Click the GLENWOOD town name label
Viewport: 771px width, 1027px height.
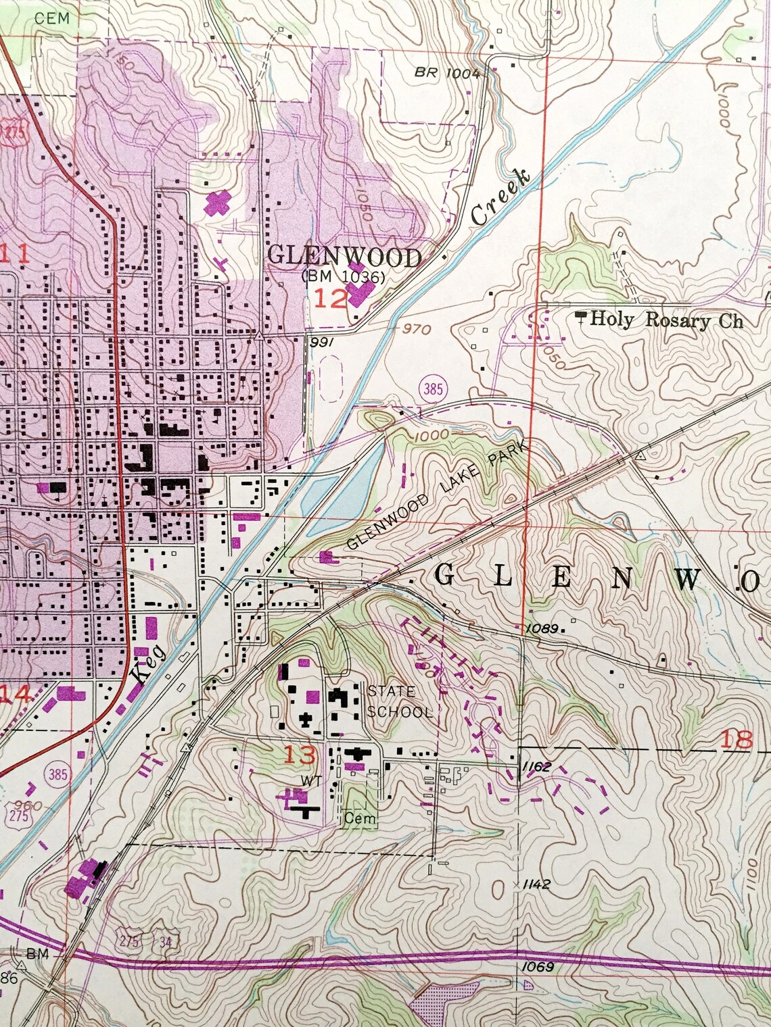[345, 257]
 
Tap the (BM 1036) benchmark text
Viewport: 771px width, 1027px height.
[344, 277]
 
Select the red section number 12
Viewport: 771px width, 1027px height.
[330, 298]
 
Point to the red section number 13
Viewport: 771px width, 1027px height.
[299, 754]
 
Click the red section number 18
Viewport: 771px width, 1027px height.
[737, 739]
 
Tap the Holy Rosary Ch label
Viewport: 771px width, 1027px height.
[666, 320]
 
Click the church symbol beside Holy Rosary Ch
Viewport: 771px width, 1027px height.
[580, 316]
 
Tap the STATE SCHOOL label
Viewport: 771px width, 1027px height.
[399, 701]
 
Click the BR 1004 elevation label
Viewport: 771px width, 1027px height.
[447, 73]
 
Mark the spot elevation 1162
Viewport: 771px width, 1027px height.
[536, 767]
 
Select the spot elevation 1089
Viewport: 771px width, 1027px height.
[542, 628]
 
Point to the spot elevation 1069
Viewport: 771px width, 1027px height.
[538, 966]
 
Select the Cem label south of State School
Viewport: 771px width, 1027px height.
[358, 818]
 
